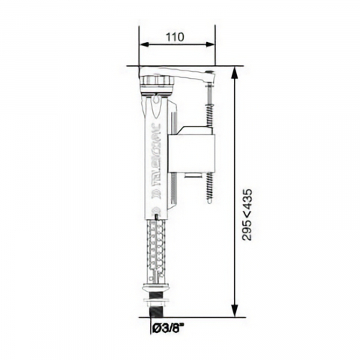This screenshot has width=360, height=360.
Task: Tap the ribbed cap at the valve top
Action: pyautogui.click(x=159, y=80)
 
